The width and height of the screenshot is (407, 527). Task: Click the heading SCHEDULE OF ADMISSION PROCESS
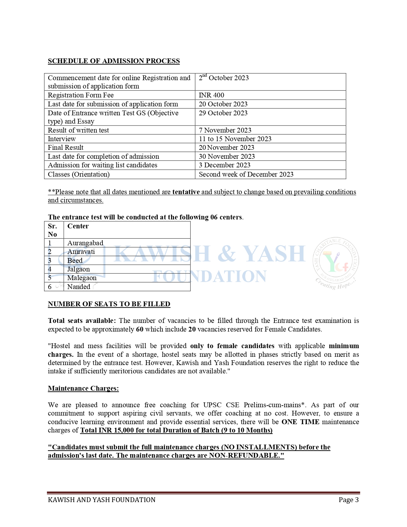click(114, 61)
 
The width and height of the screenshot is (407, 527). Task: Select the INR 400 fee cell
click(211, 95)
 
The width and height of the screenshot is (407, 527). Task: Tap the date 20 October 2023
click(223, 104)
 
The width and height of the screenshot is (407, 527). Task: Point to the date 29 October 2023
click(223, 113)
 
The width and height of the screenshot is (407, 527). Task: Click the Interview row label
click(62, 139)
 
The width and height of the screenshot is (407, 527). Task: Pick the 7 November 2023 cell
click(225, 130)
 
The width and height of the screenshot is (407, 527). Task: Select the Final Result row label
click(66, 148)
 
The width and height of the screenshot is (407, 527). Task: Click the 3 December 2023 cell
click(224, 165)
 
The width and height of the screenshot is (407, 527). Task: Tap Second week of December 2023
click(246, 174)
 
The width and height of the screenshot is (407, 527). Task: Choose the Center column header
click(78, 226)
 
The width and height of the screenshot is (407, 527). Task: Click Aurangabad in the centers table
click(85, 243)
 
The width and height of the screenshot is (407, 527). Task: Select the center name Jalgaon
click(79, 269)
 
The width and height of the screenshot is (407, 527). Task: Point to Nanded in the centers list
click(79, 287)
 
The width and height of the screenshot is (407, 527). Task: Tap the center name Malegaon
click(82, 278)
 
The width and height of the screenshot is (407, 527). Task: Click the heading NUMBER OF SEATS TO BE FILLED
click(109, 304)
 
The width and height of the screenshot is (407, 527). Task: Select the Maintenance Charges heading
click(83, 388)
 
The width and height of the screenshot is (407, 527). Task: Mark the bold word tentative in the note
click(186, 192)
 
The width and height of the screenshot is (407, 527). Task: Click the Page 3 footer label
click(349, 500)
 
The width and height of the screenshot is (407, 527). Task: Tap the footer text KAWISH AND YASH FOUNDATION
click(102, 500)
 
